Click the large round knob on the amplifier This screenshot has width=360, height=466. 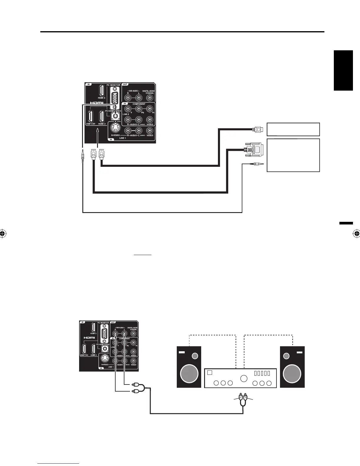point(244,379)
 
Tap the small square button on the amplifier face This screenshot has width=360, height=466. point(210,373)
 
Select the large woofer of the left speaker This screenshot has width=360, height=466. point(189,373)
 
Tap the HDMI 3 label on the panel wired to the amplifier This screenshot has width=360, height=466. point(93,333)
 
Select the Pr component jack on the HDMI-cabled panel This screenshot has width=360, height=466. point(150,109)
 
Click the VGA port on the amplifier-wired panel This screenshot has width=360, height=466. point(104,334)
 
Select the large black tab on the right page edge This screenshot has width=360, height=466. point(343,71)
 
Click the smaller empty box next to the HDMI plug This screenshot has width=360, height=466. point(293,129)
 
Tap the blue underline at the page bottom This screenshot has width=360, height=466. point(58,463)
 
